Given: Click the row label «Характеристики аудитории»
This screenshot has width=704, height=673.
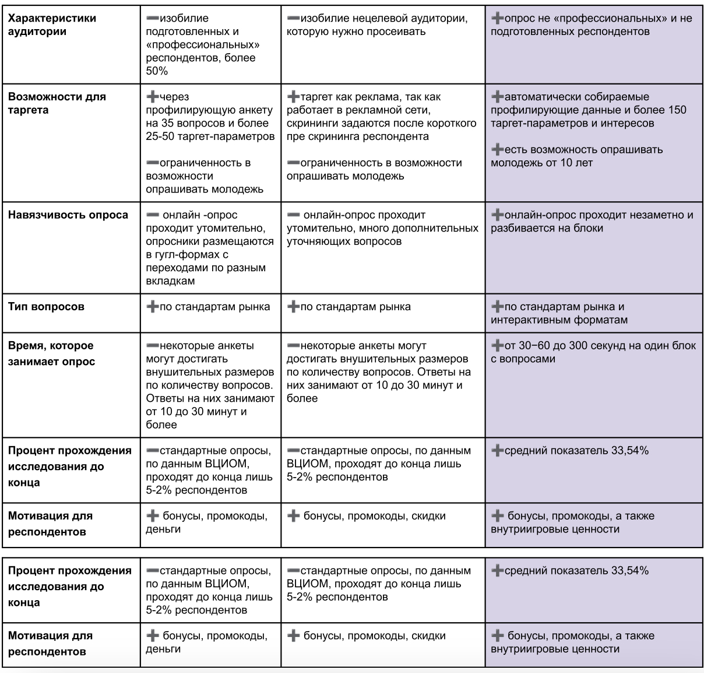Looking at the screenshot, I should tap(52, 24).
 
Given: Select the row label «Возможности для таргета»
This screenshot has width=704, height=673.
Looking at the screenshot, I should tap(57, 103).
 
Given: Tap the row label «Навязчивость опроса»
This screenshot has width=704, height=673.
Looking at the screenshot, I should tap(68, 215).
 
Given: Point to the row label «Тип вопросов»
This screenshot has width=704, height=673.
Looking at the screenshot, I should tap(46, 307).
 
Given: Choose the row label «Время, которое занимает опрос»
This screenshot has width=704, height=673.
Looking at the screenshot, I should tap(51, 353).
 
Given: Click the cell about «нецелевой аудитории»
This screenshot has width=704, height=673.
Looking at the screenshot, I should tap(382, 24).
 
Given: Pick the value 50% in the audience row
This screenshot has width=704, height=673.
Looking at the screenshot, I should tap(157, 71).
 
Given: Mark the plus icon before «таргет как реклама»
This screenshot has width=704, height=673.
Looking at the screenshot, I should tap(293, 97).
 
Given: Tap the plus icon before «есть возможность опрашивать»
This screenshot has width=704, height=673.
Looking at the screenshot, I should tap(497, 149).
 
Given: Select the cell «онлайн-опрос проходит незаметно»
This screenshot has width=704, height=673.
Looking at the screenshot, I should tap(593, 221).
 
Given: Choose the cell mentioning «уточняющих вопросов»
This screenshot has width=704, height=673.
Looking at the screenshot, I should tap(382, 228).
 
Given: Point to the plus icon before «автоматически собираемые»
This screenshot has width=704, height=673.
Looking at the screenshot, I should tap(497, 97).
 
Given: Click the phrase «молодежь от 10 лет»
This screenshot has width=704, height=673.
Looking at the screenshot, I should tap(541, 163).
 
